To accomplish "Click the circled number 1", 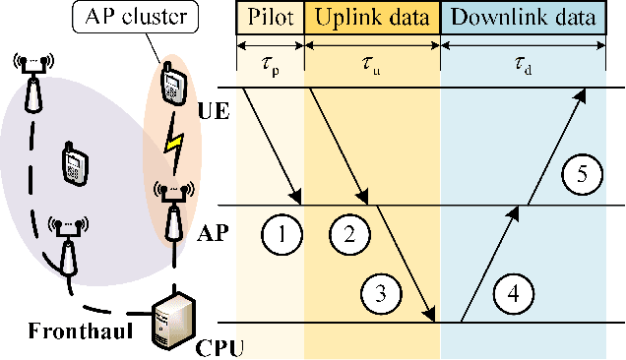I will click(x=282, y=235).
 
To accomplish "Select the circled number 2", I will click(x=348, y=235).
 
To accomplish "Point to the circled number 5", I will click(x=582, y=175).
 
